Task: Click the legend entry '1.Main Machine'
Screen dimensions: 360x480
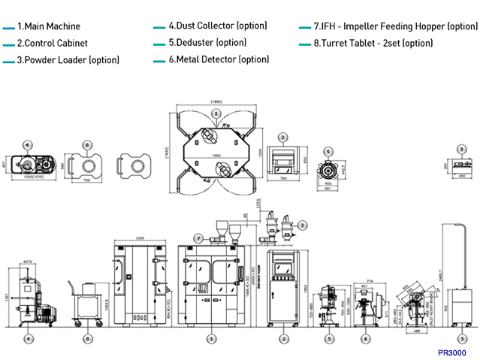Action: [x=48, y=26]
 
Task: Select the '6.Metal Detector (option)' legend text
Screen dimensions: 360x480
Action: [x=219, y=59]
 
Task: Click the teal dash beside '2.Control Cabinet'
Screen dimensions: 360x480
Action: [x=8, y=44]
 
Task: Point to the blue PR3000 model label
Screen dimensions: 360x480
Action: [x=451, y=352]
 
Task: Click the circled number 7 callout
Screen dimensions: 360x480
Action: [x=198, y=238]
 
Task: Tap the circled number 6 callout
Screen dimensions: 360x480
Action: [x=365, y=338]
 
